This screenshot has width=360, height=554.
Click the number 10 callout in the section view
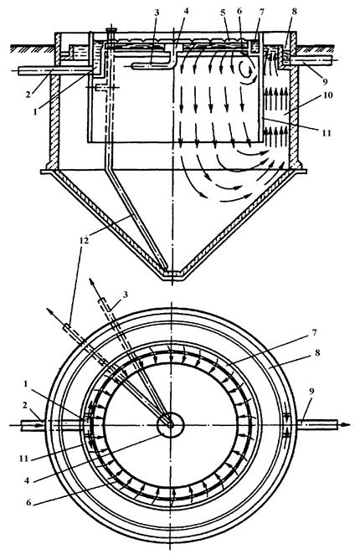327,95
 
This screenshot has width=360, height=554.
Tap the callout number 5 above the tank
223,13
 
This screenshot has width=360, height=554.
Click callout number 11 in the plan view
23,459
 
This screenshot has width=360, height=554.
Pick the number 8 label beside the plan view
316,352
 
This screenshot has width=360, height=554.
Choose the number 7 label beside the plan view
315,332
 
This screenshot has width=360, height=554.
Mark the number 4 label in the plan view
27,481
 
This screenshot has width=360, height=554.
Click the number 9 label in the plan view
312,391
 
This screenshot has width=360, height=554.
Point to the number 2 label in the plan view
24,405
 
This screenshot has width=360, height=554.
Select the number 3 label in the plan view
125,294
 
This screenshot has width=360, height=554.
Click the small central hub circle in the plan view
171,424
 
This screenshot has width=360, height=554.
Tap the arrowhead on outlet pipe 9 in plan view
347,424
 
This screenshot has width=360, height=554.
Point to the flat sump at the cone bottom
172,275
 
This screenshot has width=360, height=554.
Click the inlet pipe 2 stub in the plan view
33,424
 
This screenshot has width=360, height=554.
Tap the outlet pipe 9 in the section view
312,60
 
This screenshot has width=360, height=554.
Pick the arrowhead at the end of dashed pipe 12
49,311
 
